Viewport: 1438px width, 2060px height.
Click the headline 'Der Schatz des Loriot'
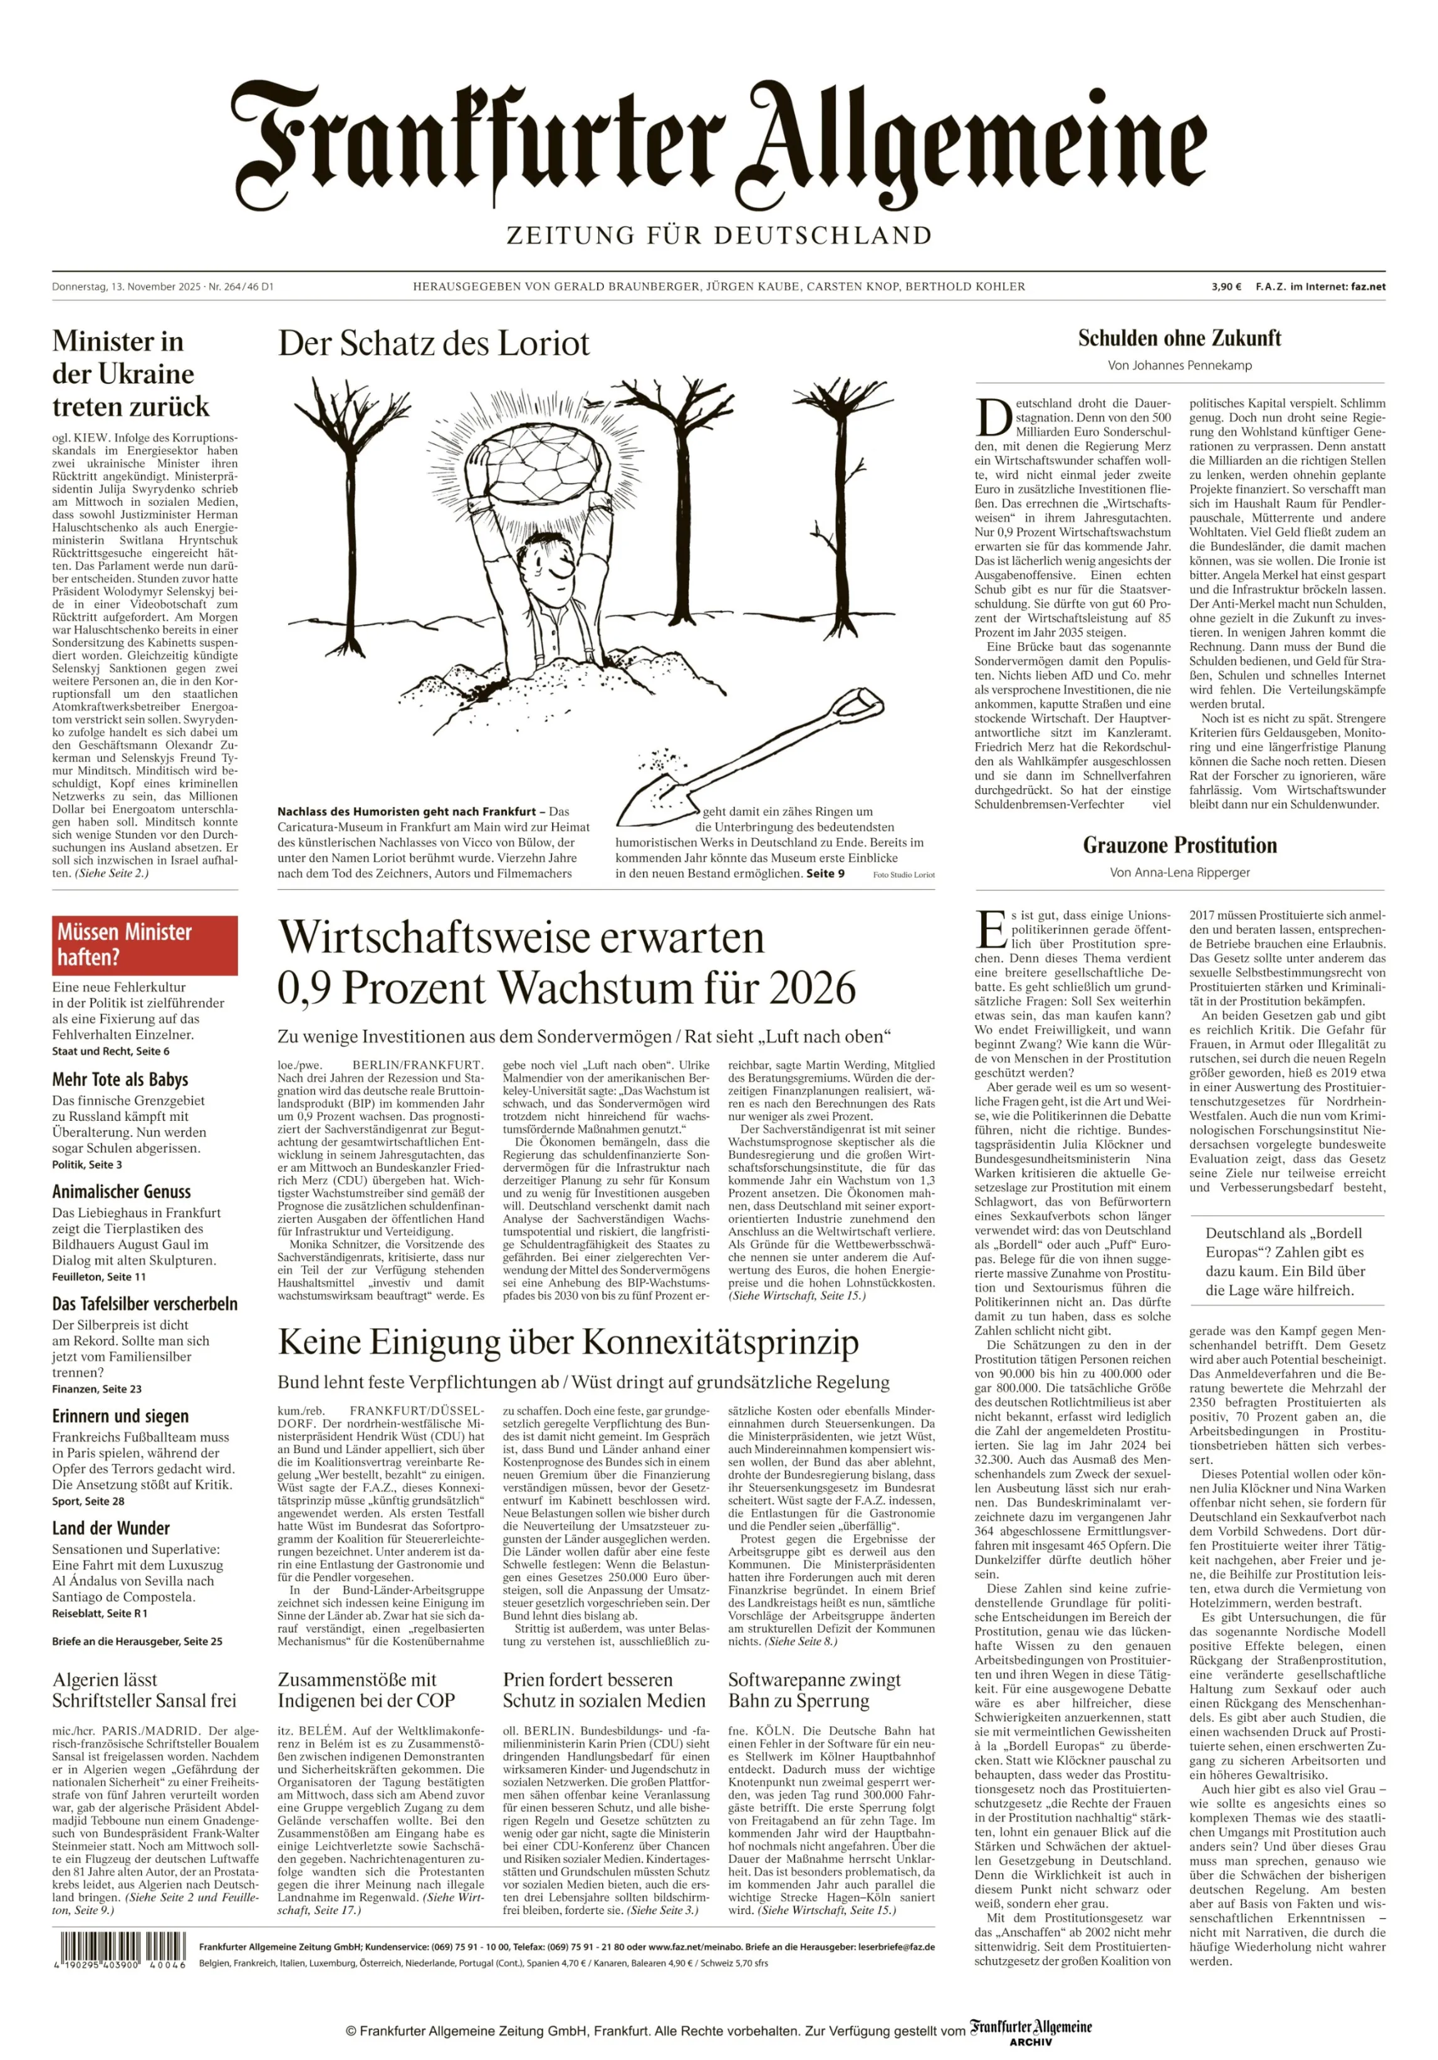(434, 343)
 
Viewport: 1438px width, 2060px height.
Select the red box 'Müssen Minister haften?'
(145, 945)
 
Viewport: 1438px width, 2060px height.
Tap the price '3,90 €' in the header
(1226, 287)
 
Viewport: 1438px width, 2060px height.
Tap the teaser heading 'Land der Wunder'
(110, 1528)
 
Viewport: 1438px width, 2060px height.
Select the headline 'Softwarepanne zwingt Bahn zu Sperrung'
(814, 1690)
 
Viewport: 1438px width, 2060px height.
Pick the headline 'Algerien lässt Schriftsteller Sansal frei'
(143, 1690)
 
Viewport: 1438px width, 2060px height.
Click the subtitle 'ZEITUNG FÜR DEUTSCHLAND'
(719, 236)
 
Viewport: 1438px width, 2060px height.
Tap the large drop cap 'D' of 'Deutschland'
(993, 416)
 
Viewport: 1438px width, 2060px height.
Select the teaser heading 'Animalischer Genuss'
(121, 1192)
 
